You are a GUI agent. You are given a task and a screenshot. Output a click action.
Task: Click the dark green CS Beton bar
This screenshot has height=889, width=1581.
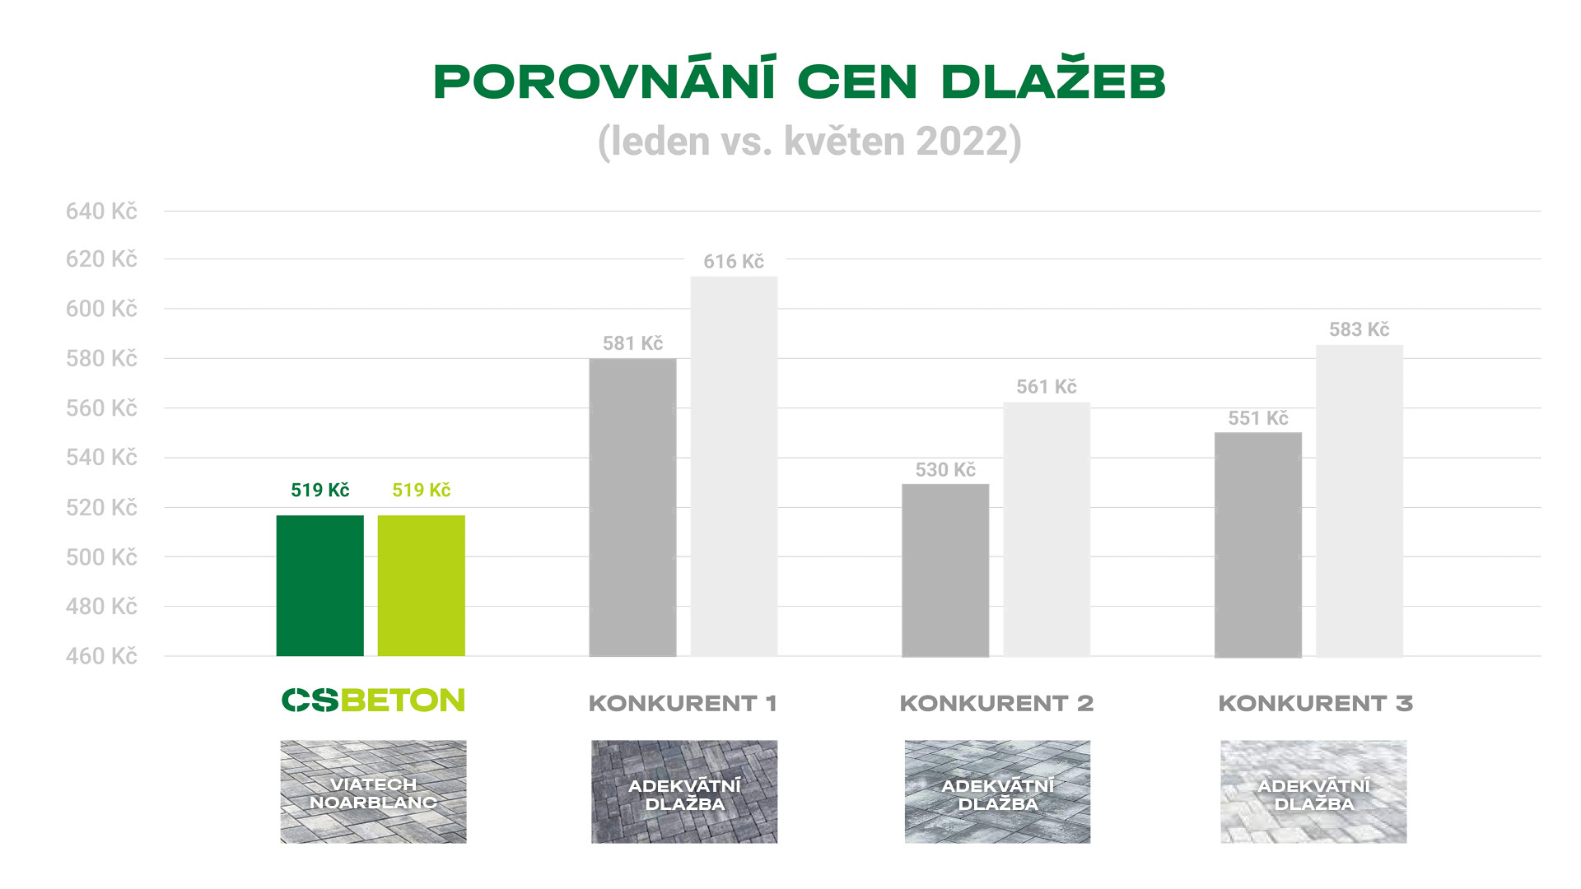[x=319, y=585]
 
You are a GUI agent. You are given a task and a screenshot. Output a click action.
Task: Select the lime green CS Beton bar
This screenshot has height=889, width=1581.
[x=421, y=585]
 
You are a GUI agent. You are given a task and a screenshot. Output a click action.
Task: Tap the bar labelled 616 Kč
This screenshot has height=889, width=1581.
[x=734, y=466]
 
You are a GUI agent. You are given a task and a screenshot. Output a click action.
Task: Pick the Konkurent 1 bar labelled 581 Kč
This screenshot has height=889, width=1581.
[x=632, y=507]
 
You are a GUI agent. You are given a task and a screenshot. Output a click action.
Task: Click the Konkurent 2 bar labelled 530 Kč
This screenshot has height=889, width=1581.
[x=945, y=570]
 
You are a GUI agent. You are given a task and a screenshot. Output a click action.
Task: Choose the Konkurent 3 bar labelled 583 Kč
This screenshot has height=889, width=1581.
[x=1359, y=500]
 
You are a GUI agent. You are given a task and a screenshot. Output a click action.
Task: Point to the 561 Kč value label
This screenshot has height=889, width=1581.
[x=1047, y=387]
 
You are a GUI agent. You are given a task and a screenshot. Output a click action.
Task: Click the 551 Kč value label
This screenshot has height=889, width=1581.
[x=1258, y=418]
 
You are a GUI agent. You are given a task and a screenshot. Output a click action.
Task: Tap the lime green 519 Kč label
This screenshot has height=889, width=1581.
[x=422, y=491]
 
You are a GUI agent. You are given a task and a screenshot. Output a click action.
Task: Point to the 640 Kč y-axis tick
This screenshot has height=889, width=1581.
[x=101, y=212]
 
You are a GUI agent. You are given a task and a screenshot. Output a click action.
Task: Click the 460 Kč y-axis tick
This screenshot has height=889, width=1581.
[x=101, y=656]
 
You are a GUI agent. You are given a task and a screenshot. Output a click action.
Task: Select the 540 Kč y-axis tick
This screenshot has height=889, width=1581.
[x=101, y=458]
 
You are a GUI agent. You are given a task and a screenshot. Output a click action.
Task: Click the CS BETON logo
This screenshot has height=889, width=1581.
[x=373, y=700]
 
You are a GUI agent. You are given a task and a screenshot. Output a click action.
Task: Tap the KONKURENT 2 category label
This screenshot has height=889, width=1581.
[x=996, y=704]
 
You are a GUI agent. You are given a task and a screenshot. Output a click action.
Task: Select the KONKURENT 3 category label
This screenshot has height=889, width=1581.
[x=1315, y=704]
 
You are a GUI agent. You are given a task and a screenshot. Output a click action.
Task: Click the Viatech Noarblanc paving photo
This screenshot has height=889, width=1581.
[x=373, y=792]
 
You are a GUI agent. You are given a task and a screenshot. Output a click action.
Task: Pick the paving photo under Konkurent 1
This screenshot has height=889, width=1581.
[x=684, y=792]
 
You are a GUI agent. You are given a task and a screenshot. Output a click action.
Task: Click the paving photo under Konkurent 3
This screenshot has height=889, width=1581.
[x=1313, y=792]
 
